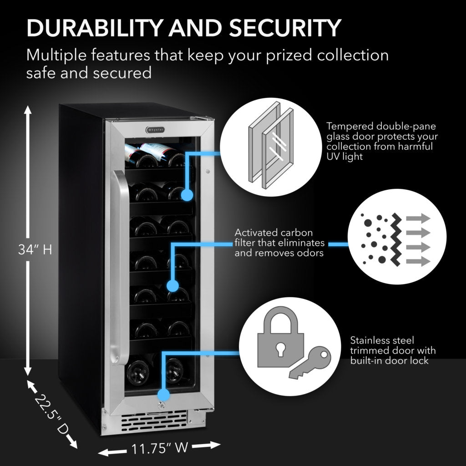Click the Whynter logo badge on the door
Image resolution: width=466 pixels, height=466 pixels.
pyautogui.click(x=155, y=130)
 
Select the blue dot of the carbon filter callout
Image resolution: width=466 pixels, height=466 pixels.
pyautogui.click(x=172, y=286)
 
